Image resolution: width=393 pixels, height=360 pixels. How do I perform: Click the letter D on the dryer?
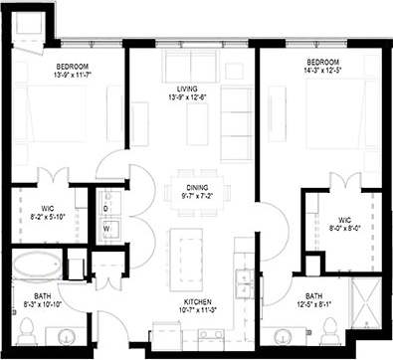(x=106, y=209)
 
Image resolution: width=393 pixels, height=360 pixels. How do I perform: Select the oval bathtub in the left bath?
(x=38, y=266)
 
